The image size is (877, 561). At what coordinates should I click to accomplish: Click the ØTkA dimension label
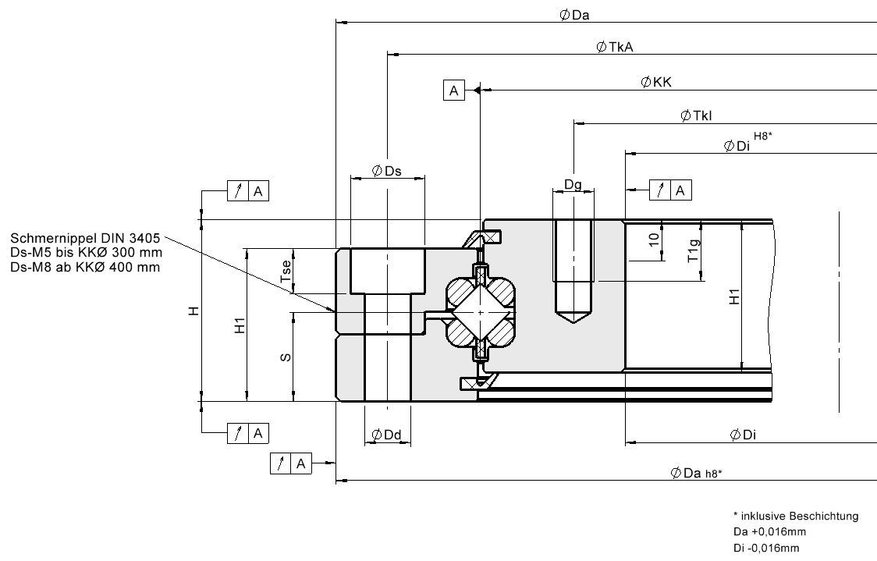point(616,47)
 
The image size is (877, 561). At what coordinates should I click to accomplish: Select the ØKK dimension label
point(656,82)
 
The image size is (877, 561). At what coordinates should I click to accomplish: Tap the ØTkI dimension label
point(696,115)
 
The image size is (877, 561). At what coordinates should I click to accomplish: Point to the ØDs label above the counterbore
point(386,171)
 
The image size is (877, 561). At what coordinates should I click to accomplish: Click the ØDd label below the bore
point(386,435)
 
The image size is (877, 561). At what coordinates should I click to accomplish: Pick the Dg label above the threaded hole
point(573,185)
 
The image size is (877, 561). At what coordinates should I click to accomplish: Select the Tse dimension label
point(286,271)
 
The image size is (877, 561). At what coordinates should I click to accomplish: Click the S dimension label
point(286,357)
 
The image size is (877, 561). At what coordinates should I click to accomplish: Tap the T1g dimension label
point(694,250)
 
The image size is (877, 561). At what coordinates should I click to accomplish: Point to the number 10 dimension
point(654,240)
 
